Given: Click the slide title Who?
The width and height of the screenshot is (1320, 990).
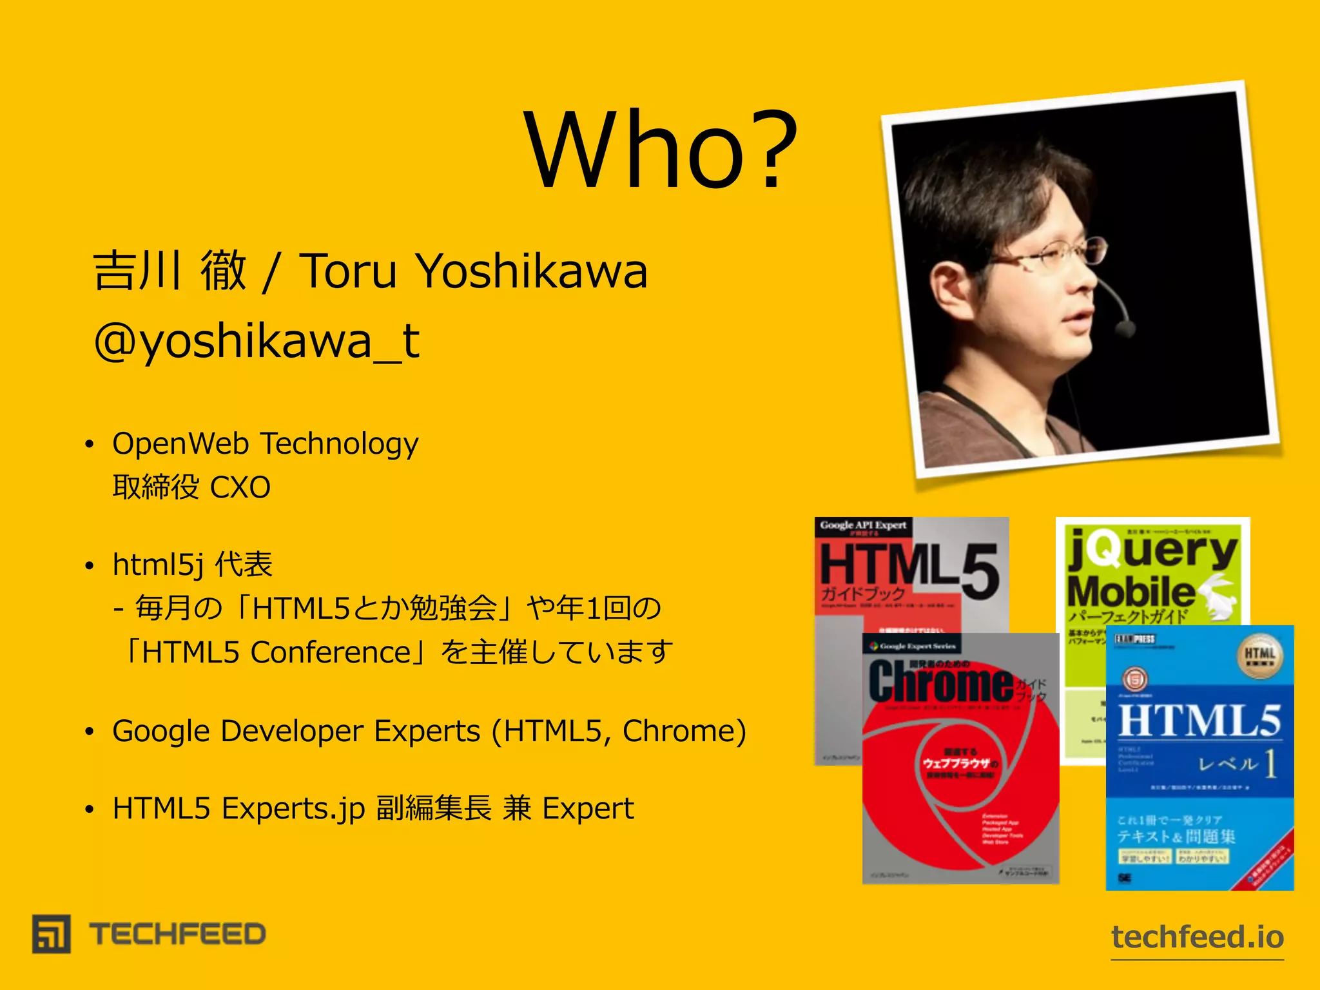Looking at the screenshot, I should coord(661,150).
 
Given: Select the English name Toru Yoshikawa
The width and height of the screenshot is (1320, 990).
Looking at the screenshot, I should coord(473,271).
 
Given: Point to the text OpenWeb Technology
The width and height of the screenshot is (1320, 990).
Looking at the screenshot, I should coord(265,443).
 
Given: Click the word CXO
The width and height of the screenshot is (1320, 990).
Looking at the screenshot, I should coord(240,487).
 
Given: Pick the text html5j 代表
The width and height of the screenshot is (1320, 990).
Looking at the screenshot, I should coord(192,565).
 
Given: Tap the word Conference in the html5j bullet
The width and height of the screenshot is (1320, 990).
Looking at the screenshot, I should coord(331,652).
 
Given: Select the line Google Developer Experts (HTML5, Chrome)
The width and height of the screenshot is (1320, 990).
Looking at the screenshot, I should coord(429,731).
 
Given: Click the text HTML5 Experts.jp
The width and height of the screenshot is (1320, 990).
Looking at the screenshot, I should coord(238,808).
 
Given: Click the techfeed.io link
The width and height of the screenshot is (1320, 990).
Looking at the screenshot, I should coord(1198,937).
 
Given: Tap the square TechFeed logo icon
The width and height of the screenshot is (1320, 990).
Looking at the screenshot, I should coord(52,933).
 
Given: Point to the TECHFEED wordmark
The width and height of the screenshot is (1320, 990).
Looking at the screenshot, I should coord(177,934).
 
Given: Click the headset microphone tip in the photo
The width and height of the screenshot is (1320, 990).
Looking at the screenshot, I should coord(1125,328).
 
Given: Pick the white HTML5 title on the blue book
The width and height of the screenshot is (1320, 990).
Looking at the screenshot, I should coord(1199,721).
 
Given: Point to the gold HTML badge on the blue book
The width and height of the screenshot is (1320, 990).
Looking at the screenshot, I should coord(1259,656).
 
